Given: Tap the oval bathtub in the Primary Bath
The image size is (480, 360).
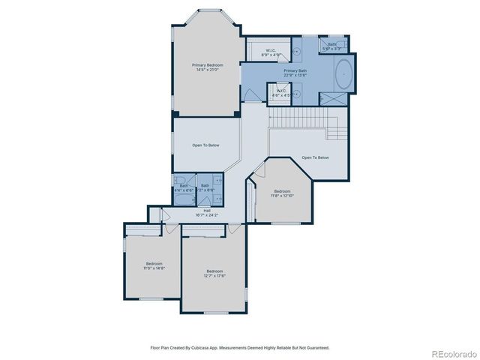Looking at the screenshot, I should [x=344, y=74].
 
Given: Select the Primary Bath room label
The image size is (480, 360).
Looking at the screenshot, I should [x=295, y=72].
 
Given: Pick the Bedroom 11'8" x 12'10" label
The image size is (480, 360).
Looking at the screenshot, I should [x=282, y=193].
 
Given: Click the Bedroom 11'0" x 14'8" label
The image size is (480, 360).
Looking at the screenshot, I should [x=154, y=265].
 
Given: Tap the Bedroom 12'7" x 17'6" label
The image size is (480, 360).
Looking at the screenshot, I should [x=214, y=273].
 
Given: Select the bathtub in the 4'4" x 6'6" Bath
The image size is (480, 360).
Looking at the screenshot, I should [x=184, y=200].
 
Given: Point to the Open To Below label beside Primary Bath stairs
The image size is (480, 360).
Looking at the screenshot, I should [x=315, y=157].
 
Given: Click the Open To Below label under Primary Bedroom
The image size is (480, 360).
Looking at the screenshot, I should [x=205, y=145].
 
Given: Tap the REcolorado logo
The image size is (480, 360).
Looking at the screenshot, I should [x=453, y=353].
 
